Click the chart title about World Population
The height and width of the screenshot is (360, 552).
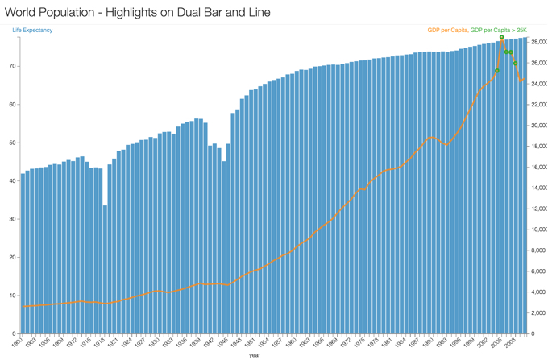(x=137, y=13)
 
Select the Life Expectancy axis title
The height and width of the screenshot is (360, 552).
(x=32, y=31)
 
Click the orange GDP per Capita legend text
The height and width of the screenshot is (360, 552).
(x=447, y=31)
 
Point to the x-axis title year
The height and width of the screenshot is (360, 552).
(x=255, y=354)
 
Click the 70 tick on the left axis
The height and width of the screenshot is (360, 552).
(x=11, y=66)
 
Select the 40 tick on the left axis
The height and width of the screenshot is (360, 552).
(x=11, y=180)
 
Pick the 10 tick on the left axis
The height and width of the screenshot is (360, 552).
(x=11, y=296)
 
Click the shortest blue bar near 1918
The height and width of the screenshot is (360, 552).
(x=105, y=269)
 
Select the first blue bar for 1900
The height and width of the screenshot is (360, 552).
(x=23, y=254)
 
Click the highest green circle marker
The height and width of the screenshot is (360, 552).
(x=502, y=37)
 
